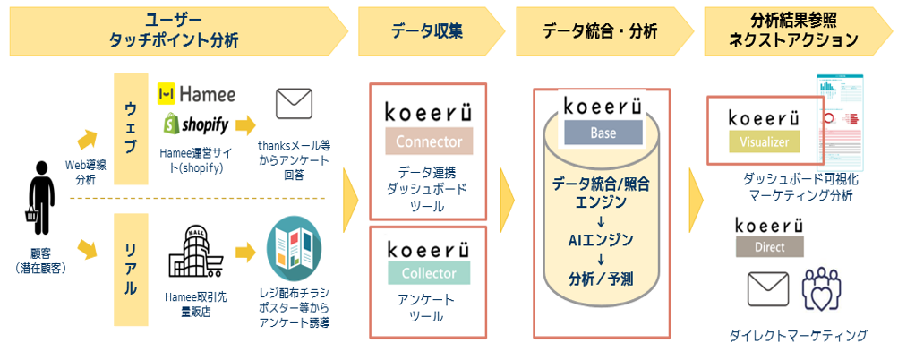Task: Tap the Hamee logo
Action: tap(196, 93)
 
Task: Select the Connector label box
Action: tap(428, 141)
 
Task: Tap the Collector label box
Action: tap(428, 272)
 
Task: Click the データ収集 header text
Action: tap(427, 31)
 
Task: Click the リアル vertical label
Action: tap(131, 264)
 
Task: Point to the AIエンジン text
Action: tap(601, 239)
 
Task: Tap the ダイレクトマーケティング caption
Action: tap(798, 336)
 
